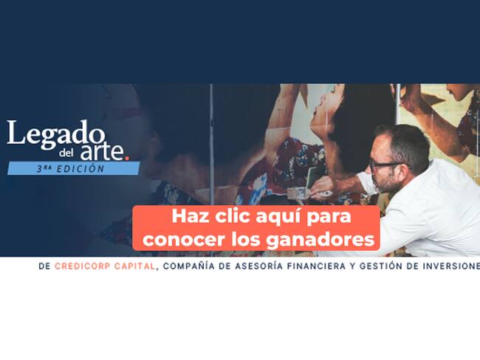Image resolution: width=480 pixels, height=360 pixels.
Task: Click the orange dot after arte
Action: click(x=128, y=156)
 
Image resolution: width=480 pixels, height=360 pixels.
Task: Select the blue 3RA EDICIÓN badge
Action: click(x=72, y=168)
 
